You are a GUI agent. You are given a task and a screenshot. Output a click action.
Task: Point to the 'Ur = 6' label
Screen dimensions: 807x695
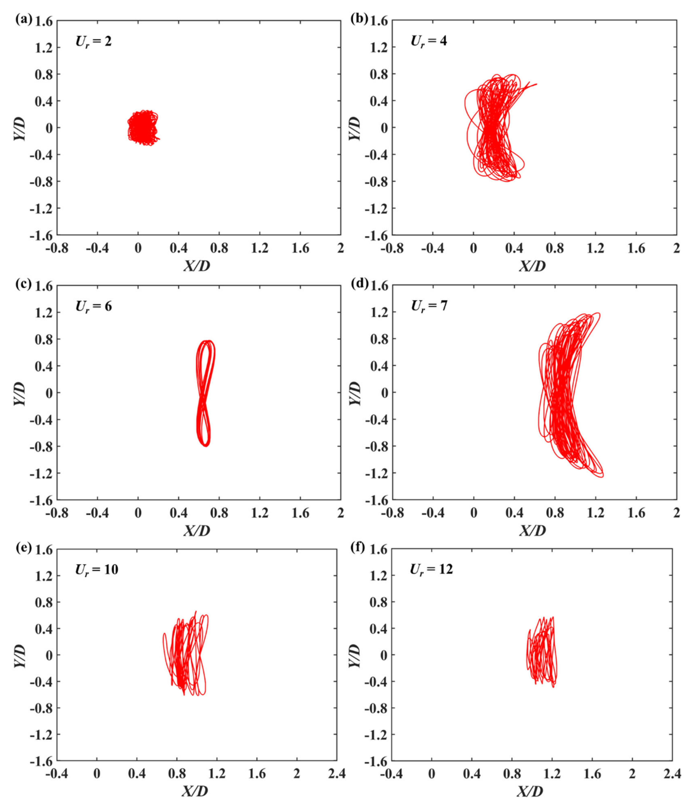pyautogui.click(x=94, y=306)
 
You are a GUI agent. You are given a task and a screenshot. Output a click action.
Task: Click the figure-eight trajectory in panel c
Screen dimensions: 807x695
pyautogui.click(x=205, y=393)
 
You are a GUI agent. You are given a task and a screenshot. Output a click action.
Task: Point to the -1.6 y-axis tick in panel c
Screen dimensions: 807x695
pyautogui.click(x=42, y=500)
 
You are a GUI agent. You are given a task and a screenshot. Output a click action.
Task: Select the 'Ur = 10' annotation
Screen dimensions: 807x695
pyautogui.click(x=97, y=569)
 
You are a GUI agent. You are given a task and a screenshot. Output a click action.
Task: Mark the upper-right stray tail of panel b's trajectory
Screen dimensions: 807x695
pyautogui.click(x=536, y=84)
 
